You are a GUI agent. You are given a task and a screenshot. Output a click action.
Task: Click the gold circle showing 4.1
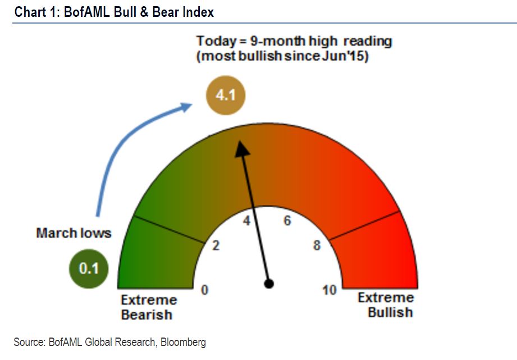[226, 95]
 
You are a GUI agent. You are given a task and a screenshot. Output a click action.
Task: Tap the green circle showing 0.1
[89, 268]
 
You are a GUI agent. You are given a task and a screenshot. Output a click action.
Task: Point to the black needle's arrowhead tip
[239, 141]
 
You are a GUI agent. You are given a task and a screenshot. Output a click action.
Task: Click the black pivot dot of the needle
[269, 284]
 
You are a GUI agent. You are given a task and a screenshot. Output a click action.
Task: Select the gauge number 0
[205, 290]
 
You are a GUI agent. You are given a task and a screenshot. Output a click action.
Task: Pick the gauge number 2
[216, 245]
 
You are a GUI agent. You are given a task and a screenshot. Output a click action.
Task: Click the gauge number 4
[246, 220]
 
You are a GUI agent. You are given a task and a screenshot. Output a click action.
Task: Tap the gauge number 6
[287, 221]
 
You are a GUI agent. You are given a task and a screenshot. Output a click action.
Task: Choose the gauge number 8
[317, 245]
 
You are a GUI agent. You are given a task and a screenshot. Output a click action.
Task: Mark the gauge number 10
[330, 290]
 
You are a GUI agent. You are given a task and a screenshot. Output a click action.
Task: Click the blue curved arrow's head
[186, 107]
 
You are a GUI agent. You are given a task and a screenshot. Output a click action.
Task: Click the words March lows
[74, 233]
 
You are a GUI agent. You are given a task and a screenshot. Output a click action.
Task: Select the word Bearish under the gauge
[147, 315]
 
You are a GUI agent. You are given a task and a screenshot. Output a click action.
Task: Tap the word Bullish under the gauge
[390, 312]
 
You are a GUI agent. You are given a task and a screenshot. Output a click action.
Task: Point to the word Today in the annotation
[216, 42]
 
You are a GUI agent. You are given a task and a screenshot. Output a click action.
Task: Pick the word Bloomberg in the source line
[183, 342]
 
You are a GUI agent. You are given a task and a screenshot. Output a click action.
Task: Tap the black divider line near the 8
[365, 226]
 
